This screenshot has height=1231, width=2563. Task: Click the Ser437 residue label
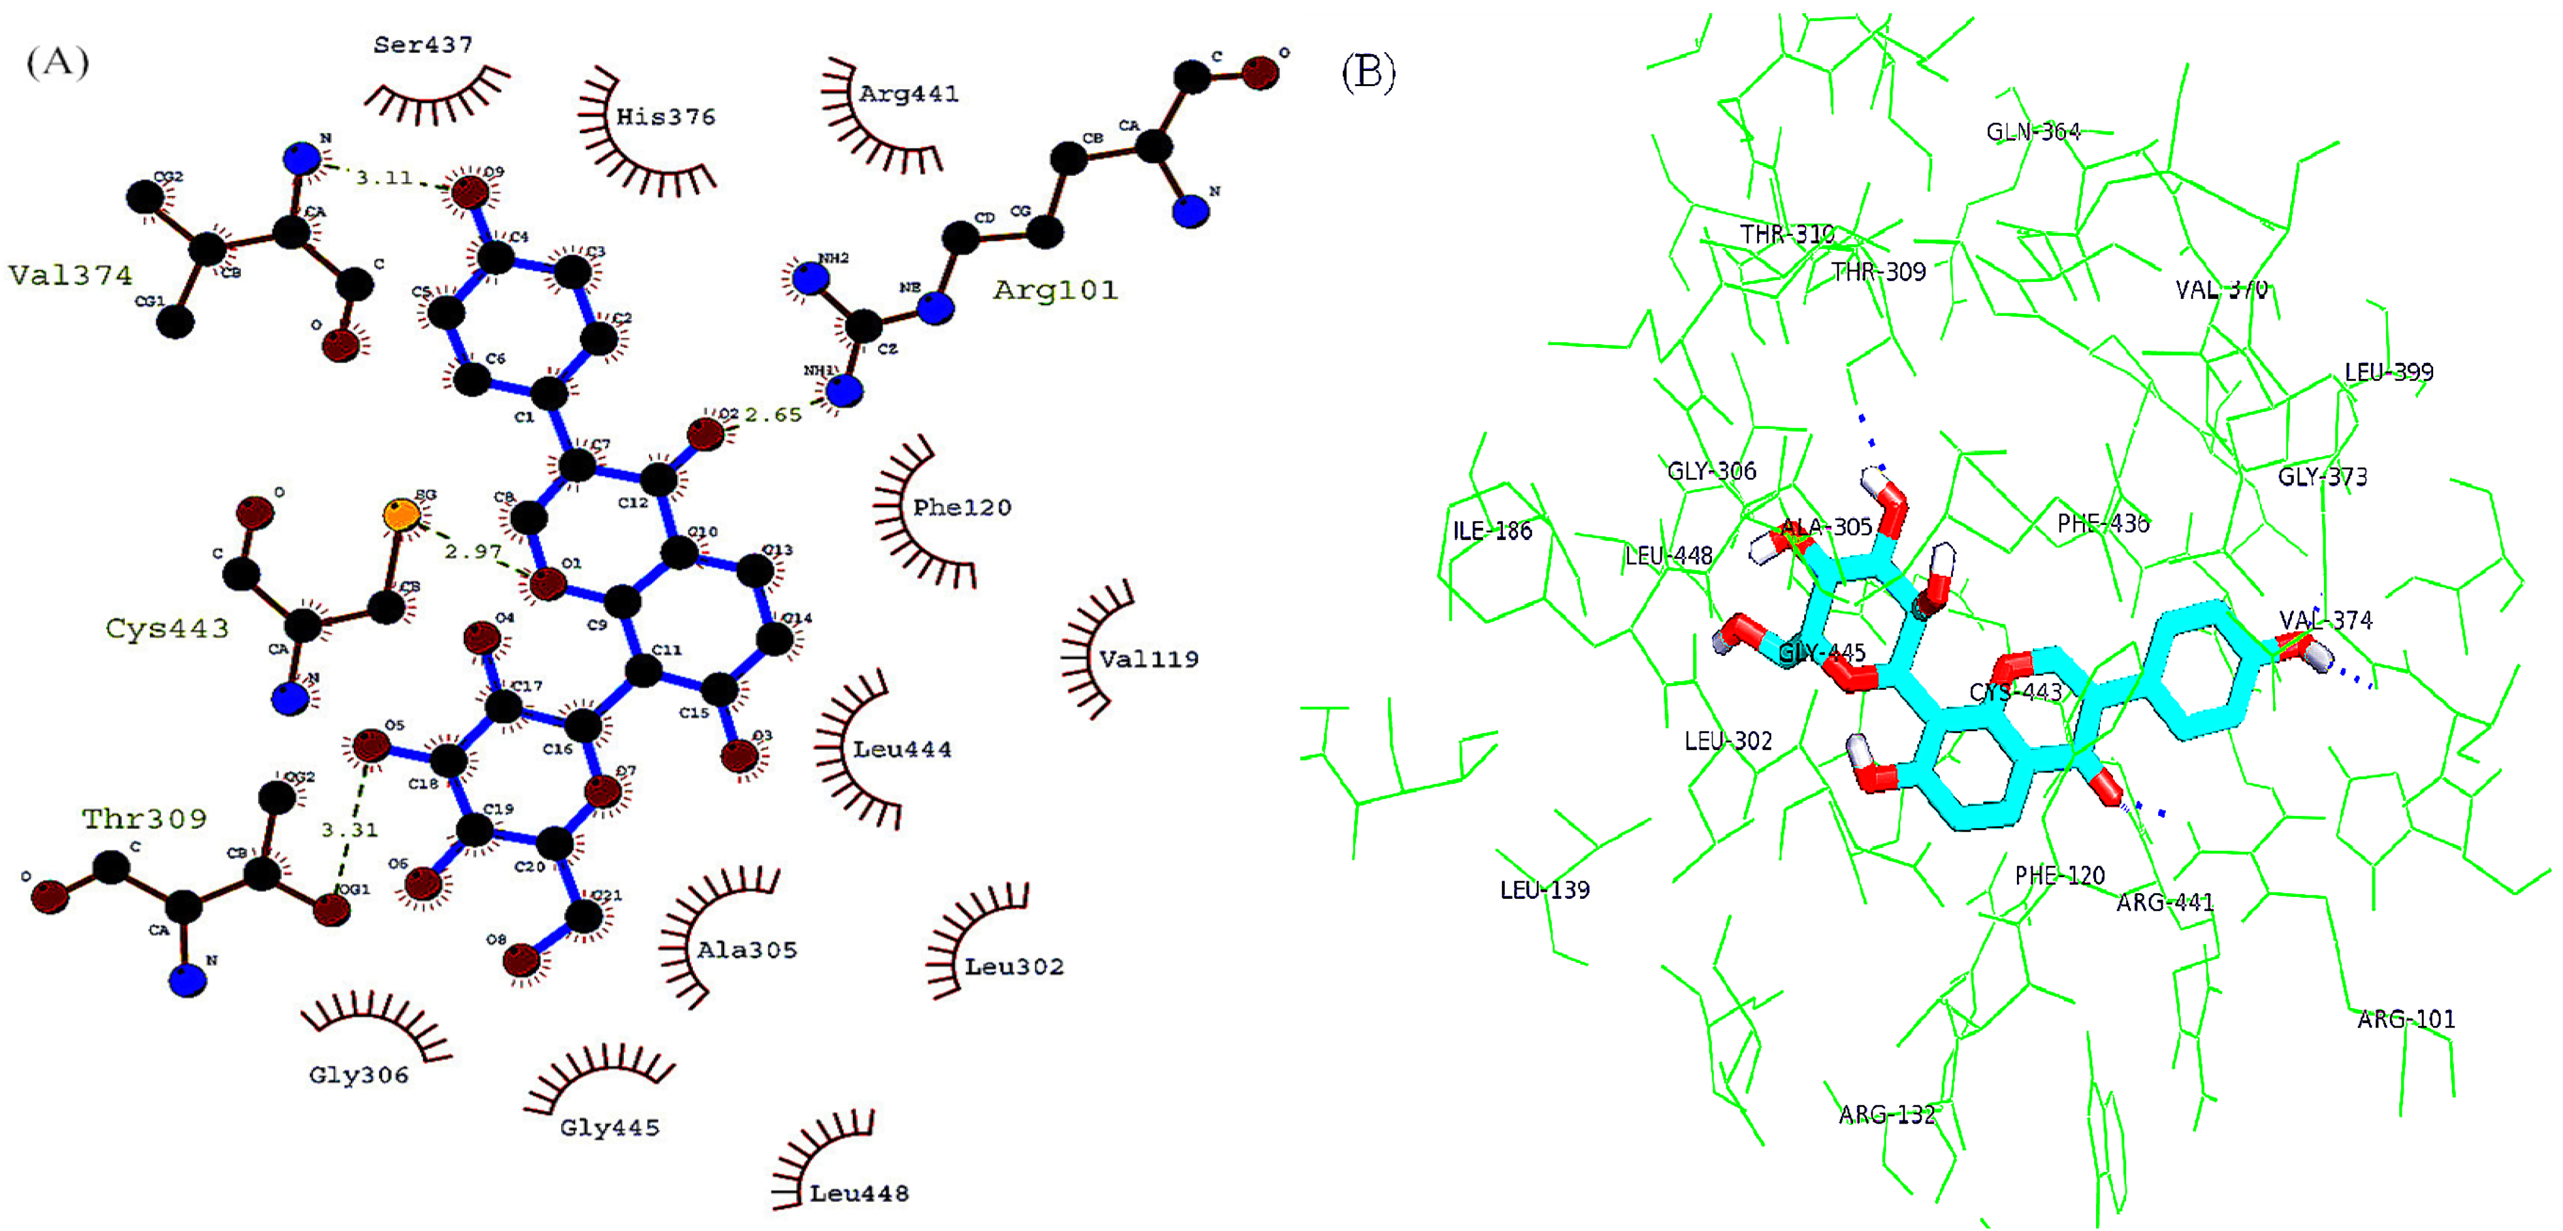pos(423,45)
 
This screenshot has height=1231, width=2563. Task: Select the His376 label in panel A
pos(666,117)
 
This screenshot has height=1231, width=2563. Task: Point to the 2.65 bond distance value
pos(773,415)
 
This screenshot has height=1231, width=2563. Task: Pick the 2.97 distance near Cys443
pos(473,551)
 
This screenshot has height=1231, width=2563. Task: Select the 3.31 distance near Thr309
pos(349,830)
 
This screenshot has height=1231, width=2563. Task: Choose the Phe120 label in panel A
pos(962,507)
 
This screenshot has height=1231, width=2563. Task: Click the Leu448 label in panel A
pos(859,1193)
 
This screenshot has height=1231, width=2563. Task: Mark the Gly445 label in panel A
pos(609,1127)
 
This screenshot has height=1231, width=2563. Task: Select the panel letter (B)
pos(1368,72)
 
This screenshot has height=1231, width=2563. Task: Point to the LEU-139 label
pos(1544,890)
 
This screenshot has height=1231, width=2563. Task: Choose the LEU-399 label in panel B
pos(2388,373)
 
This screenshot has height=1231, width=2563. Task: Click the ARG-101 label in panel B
pos(2406,1019)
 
